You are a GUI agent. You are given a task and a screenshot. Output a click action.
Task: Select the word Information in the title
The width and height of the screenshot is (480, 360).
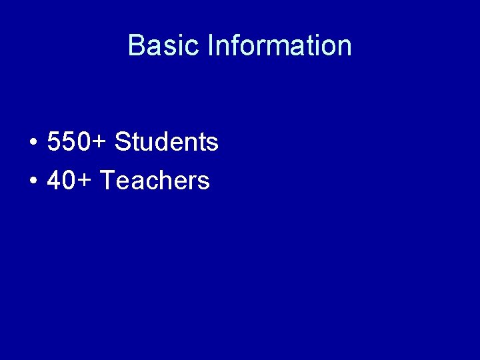tap(279, 45)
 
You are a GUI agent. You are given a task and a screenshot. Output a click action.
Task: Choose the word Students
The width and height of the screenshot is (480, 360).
tap(166, 141)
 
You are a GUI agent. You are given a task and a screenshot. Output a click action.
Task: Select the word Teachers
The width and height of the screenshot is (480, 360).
tap(154, 180)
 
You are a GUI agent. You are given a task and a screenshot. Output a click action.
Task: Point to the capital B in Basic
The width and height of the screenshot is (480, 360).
tap(136, 45)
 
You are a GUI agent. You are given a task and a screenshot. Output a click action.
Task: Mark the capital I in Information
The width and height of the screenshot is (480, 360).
tap(210, 45)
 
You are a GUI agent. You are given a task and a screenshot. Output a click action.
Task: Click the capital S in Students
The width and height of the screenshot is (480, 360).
tap(123, 141)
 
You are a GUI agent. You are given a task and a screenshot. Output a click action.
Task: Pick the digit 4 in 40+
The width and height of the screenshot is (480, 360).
tap(55, 180)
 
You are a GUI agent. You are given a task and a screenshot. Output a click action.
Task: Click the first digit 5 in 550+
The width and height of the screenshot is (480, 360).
tap(55, 141)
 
